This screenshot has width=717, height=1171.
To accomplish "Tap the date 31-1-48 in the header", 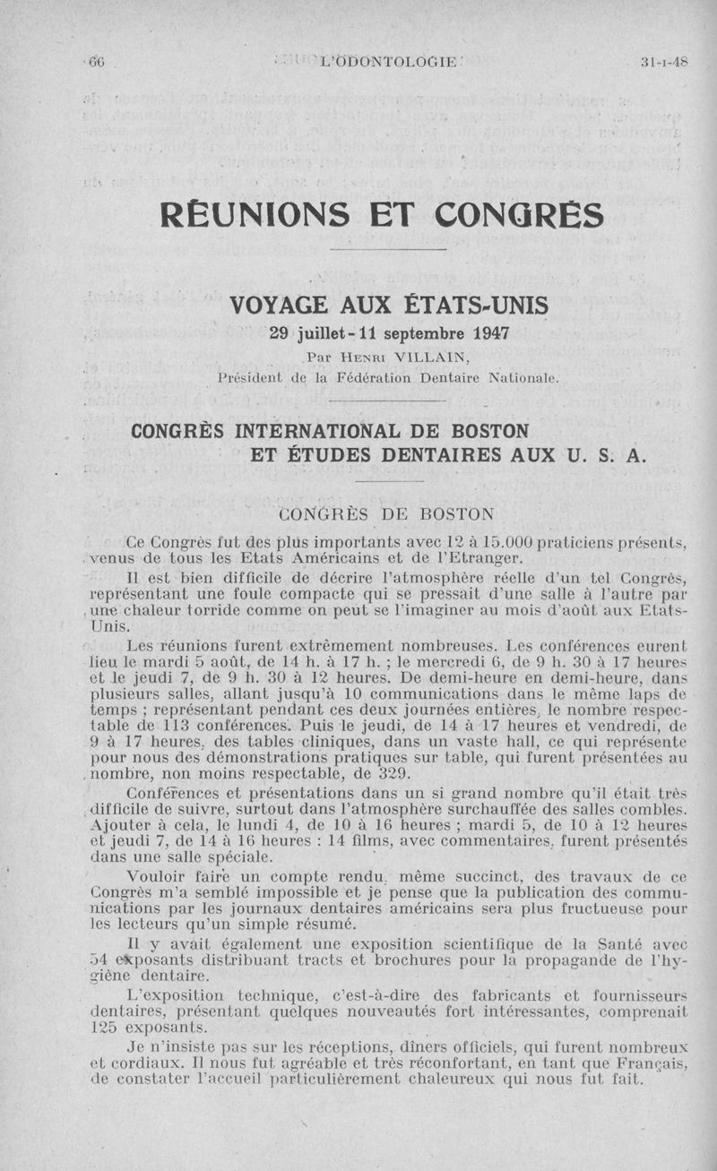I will (664, 62).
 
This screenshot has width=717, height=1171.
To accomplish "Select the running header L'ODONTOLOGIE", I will (389, 62).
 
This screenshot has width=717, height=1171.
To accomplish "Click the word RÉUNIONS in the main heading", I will (255, 216).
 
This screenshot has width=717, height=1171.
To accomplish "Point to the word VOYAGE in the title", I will (281, 306).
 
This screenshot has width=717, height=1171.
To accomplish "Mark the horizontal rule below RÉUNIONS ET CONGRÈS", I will (388, 249).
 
